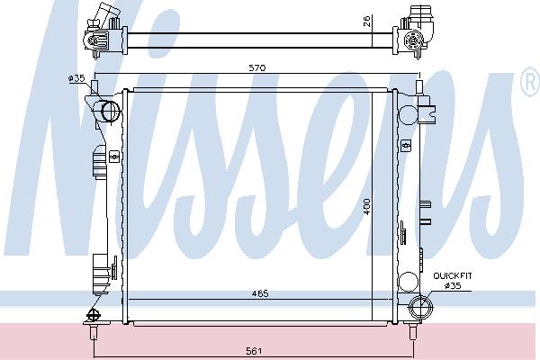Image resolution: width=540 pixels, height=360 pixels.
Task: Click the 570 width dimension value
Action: [x=257, y=67]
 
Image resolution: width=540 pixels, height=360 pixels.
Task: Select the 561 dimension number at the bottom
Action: [x=254, y=351]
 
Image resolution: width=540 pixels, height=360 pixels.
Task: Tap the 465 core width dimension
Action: [x=260, y=293]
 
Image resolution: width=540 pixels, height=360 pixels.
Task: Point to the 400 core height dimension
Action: [x=367, y=206]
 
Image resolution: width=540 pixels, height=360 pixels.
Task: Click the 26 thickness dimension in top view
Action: [x=367, y=22]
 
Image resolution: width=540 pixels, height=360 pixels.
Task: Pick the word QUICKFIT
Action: [x=453, y=276]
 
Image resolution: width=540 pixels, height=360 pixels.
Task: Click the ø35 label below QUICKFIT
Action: [x=453, y=285]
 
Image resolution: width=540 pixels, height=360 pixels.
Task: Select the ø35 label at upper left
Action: [x=76, y=78]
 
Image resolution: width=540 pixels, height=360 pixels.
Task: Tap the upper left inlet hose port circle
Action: [x=110, y=111]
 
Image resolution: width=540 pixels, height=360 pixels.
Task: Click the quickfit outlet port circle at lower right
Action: [x=420, y=306]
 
